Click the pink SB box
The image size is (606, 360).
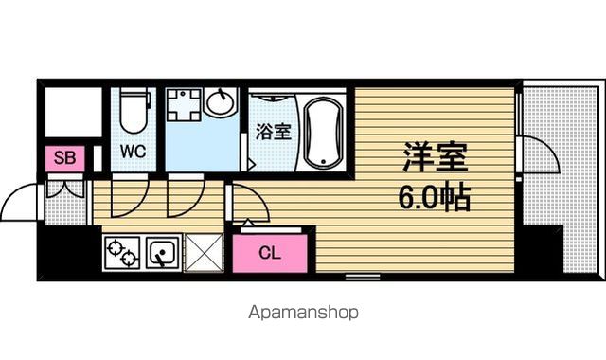tap(65, 158)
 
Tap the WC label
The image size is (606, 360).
tap(133, 152)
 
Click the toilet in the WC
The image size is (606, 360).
tap(134, 110)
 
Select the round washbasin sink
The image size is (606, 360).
tap(221, 102)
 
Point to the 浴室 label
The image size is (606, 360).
tap(273, 132)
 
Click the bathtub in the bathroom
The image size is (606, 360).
tap(324, 133)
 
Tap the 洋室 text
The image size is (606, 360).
tap(436, 157)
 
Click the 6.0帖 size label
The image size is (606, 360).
tap(435, 198)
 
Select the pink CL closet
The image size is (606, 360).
tap(270, 253)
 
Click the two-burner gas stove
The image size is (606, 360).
tap(122, 252)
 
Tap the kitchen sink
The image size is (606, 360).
tap(163, 252)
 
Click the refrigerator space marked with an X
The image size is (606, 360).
tap(205, 253)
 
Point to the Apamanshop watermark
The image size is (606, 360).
tap(303, 312)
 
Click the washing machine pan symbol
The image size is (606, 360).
tap(184, 105)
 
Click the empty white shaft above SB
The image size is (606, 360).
tap(74, 112)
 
